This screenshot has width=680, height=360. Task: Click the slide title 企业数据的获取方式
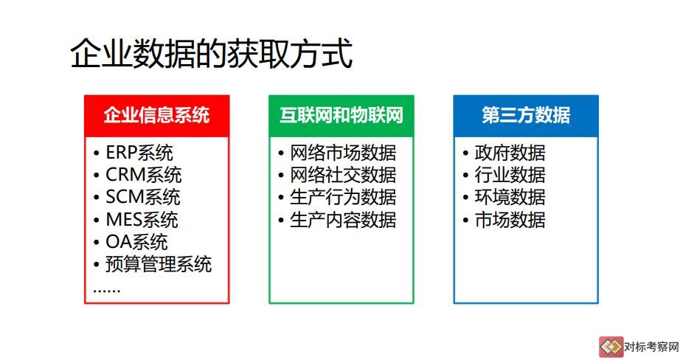point(211,54)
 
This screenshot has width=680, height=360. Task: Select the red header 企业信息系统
point(156,115)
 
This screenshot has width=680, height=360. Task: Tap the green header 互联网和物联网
point(341,115)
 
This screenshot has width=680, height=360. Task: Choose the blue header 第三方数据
point(526,115)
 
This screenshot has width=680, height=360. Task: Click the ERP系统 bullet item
point(139,153)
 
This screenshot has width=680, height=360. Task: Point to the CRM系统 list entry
point(144,175)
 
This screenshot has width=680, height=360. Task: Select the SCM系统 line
point(142,198)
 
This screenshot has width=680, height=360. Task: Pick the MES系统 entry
point(142,220)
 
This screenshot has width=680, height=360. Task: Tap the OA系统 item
point(136,242)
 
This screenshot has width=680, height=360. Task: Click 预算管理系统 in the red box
point(159,264)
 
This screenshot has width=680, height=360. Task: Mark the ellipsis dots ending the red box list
point(107,291)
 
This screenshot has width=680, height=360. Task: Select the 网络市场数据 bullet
point(343,153)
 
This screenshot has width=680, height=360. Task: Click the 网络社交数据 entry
point(343,175)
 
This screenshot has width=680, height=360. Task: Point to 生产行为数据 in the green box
point(343,198)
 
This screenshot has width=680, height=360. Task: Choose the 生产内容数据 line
point(343,220)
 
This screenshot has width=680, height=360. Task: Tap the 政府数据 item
point(510,153)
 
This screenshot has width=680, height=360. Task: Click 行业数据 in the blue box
point(510,175)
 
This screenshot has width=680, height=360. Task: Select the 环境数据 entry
point(510,198)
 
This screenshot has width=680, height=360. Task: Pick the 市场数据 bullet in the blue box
point(510,220)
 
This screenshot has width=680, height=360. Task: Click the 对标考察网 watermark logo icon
point(611,347)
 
